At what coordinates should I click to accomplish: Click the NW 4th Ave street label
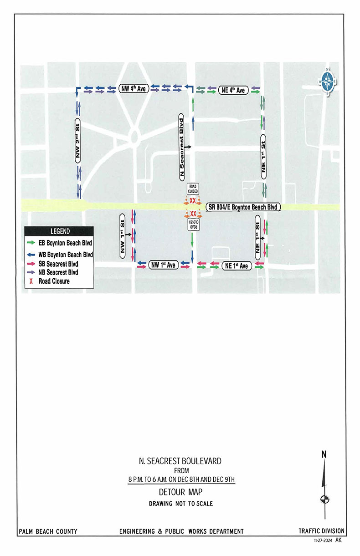coord(133,89)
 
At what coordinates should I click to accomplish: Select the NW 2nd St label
coord(78,142)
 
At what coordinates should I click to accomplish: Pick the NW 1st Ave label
coord(163,265)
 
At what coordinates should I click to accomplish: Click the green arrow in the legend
coord(31,243)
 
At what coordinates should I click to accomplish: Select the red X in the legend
coord(31,281)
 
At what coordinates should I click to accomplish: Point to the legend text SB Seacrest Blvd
coord(59,264)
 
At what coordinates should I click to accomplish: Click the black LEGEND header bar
coord(59,231)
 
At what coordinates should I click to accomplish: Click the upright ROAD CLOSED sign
coord(193,188)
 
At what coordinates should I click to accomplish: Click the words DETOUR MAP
coord(180,492)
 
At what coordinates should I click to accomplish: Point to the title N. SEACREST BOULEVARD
coord(180,461)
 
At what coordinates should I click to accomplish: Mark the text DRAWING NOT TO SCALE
coord(180,504)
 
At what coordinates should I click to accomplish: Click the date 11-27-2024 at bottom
coord(322,541)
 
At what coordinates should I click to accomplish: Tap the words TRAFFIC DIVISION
coord(321,531)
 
